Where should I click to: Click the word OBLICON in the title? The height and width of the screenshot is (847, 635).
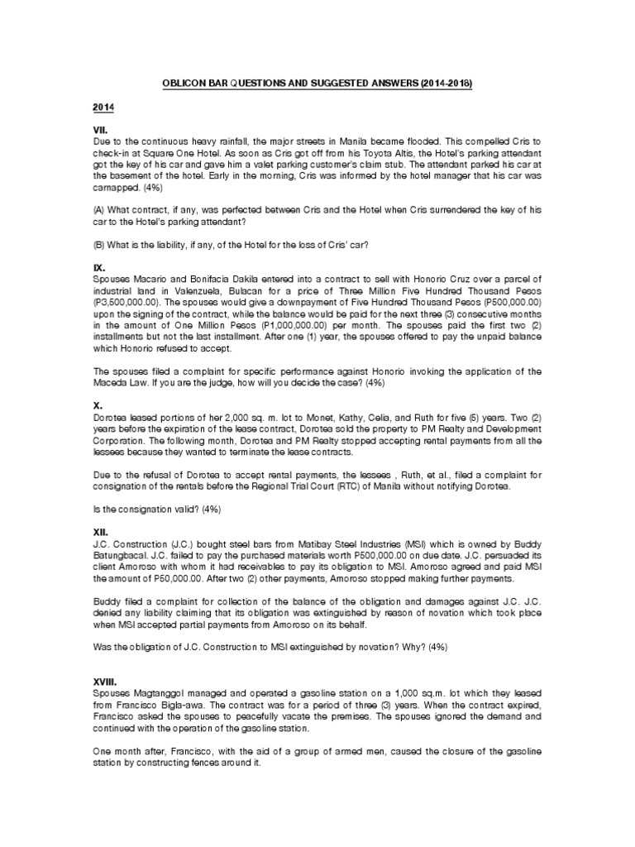[177, 84]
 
